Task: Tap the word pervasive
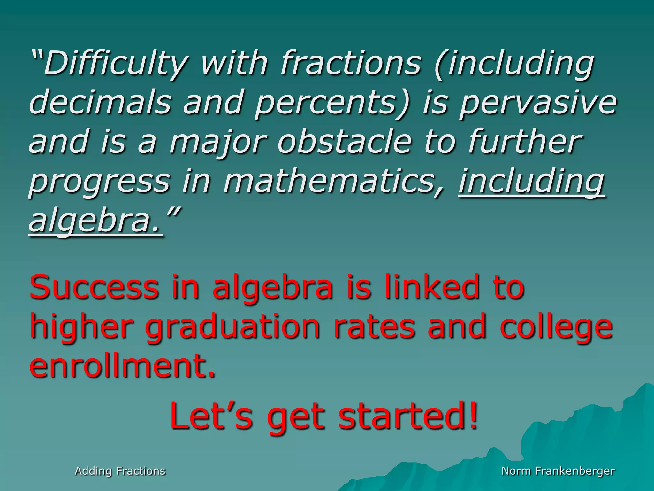538,103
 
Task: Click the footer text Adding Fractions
120,471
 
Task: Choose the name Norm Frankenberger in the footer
558,471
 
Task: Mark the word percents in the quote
332,103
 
